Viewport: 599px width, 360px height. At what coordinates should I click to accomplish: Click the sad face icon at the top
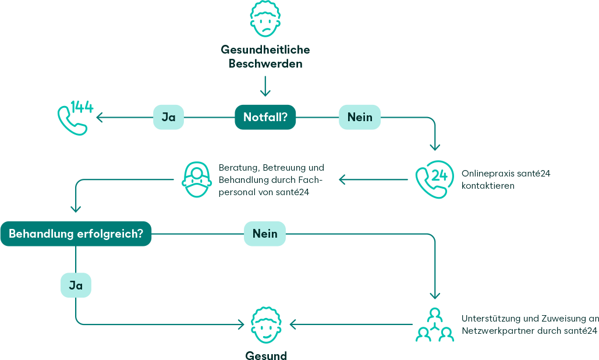[x=265, y=19]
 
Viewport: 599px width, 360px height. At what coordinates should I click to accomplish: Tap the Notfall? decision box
[x=265, y=117]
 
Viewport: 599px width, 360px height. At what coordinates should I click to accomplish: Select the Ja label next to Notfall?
[x=168, y=117]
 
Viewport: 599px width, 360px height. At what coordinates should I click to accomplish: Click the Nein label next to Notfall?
[x=360, y=117]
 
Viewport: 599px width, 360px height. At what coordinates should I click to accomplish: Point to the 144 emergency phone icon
[x=75, y=117]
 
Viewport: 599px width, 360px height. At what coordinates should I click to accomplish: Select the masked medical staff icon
[x=197, y=179]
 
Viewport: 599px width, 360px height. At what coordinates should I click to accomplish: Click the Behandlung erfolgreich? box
[x=76, y=234]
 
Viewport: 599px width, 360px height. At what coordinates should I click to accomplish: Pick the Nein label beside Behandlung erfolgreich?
[x=265, y=234]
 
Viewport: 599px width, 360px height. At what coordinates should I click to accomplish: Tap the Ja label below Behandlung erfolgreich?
[x=76, y=285]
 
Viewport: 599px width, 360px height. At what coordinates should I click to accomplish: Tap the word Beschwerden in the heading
[x=265, y=63]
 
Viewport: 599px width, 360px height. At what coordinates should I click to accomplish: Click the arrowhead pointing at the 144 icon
[x=100, y=118]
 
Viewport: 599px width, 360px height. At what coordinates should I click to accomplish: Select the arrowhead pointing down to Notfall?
[x=265, y=92]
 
